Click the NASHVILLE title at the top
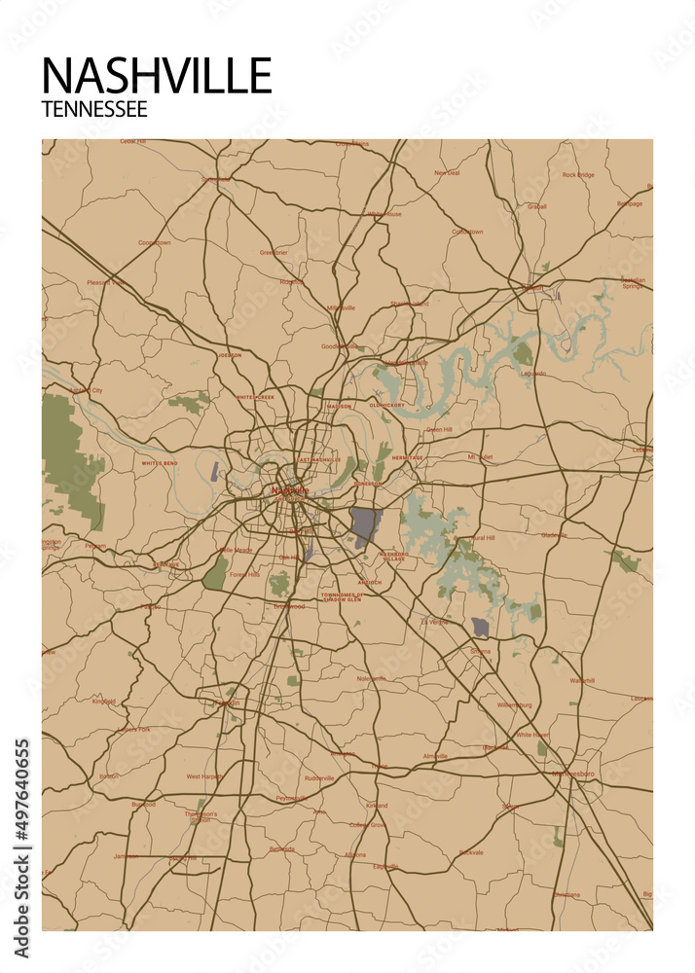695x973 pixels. (x=157, y=76)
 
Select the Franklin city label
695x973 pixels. (x=226, y=702)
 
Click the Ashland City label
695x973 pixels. (x=85, y=390)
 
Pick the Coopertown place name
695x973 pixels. (x=154, y=241)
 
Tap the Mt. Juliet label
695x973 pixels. (x=481, y=455)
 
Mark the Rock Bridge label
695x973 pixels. (x=577, y=175)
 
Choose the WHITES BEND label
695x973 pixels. (x=160, y=463)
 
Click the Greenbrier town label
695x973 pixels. (x=274, y=252)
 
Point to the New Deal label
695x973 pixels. (x=447, y=172)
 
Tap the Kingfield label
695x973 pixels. (x=103, y=701)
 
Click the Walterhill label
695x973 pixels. (x=582, y=680)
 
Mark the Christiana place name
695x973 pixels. (x=567, y=893)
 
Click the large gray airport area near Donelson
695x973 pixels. (x=363, y=525)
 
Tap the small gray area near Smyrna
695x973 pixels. (x=480, y=627)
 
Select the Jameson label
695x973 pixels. (x=126, y=856)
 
